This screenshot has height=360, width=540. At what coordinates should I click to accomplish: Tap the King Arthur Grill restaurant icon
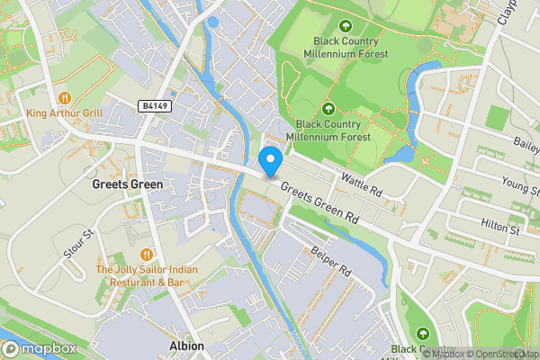[64, 97]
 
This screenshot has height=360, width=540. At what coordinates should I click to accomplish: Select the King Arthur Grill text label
[65, 113]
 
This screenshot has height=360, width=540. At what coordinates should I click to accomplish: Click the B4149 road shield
[155, 106]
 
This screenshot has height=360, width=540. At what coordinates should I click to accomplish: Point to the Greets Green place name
[127, 184]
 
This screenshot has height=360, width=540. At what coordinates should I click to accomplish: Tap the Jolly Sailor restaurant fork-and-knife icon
[148, 254]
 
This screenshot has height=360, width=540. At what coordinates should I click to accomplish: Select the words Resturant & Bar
[148, 282]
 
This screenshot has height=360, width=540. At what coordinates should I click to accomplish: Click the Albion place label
[187, 346]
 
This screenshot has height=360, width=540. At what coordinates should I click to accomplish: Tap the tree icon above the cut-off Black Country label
[423, 334]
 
